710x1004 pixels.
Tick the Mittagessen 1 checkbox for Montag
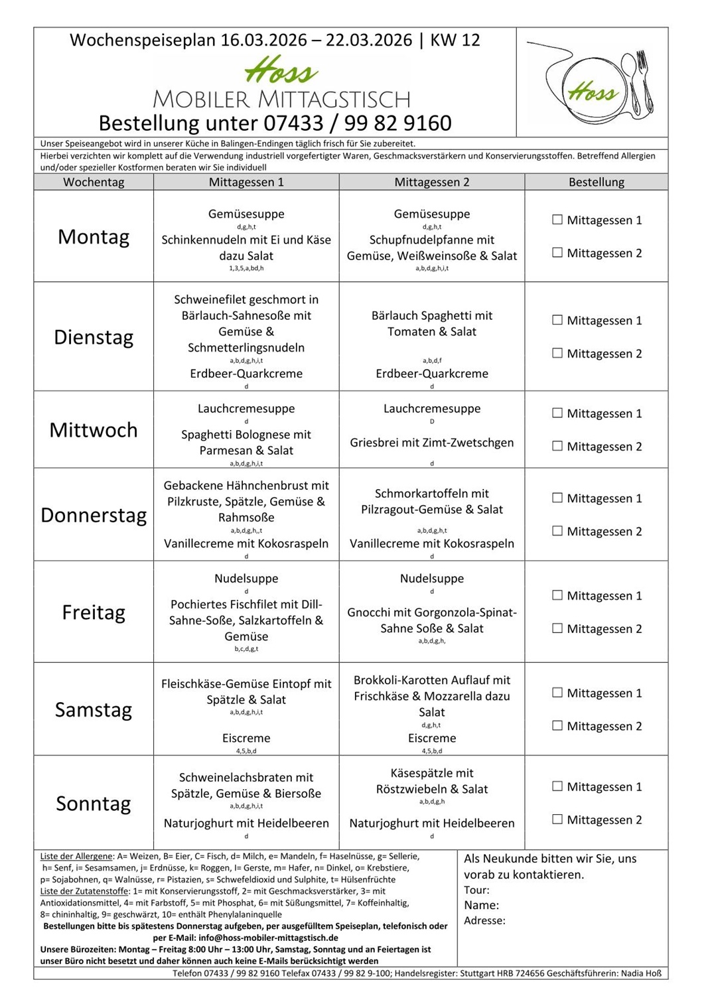(557, 220)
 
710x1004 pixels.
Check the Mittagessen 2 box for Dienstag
(557, 353)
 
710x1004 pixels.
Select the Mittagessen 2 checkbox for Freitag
(557, 628)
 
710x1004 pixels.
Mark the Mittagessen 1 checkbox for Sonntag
(557, 786)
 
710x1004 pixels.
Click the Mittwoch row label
(94, 430)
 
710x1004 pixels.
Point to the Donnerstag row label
(94, 515)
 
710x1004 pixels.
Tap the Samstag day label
(94, 709)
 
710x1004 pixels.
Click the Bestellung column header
(596, 182)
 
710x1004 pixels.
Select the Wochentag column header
(94, 182)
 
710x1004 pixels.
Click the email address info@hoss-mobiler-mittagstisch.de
(268, 938)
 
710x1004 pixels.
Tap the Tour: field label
(476, 890)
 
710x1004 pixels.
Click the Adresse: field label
(484, 920)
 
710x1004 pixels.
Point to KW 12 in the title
(455, 40)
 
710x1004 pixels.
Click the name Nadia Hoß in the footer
(640, 973)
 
